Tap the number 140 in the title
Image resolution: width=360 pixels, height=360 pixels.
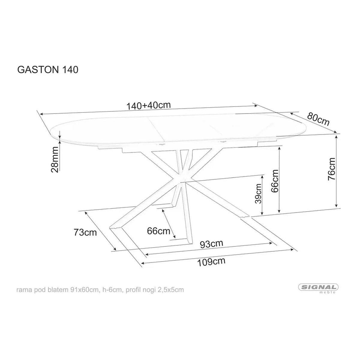70,69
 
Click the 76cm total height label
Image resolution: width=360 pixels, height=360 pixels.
332,169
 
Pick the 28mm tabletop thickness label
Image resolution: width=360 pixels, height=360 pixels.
55,160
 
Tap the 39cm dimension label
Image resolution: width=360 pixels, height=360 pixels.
258,194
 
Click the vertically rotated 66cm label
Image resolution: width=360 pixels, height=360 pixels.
274,181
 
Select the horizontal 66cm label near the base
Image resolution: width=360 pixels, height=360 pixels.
159,231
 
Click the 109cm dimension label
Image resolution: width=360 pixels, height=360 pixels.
211,262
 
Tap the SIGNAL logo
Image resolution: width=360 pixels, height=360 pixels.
318,287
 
